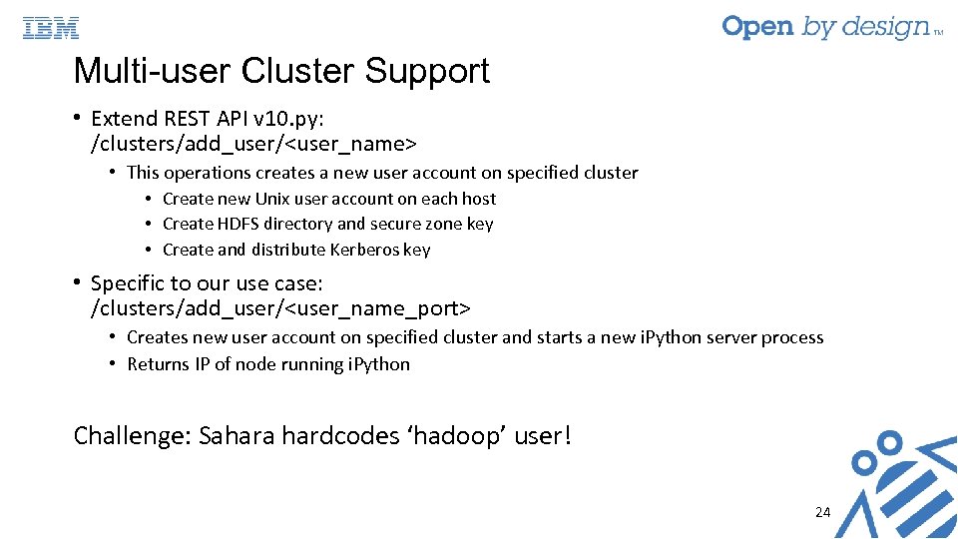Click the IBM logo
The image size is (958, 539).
[51, 28]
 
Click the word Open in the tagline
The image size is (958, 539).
[758, 27]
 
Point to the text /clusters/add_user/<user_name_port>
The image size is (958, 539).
[280, 307]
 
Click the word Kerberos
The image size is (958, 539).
[364, 250]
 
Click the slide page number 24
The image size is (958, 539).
[822, 512]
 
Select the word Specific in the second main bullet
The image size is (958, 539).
[128, 282]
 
